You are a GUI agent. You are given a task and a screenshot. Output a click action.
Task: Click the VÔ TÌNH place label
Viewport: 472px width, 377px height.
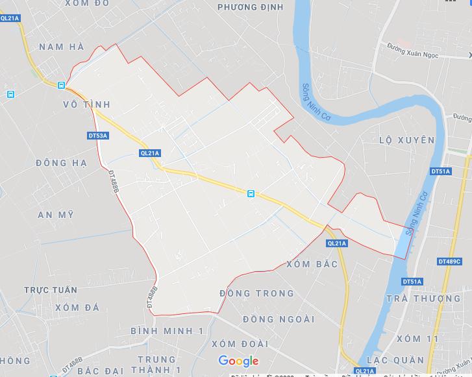[x=86, y=104]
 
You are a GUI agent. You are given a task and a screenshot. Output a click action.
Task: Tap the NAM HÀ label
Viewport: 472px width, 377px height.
[x=61, y=47]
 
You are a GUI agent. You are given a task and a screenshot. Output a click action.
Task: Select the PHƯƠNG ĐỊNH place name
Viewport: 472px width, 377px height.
[x=250, y=7]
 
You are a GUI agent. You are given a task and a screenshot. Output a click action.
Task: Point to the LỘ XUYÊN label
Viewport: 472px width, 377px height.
[x=406, y=140]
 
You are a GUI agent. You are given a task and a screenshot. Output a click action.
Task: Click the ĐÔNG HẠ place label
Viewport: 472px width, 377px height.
[x=61, y=162]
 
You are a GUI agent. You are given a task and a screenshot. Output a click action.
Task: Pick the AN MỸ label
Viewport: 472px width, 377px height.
[x=56, y=215]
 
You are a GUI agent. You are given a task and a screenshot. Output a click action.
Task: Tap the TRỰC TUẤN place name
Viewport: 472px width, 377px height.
[x=51, y=290]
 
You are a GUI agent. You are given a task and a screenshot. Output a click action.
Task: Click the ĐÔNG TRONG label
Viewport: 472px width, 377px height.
[x=256, y=294]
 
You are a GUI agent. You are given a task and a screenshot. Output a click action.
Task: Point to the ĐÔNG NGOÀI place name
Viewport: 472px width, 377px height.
[x=278, y=319]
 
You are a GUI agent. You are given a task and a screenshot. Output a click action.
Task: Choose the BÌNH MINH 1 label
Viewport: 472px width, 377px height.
[x=168, y=331]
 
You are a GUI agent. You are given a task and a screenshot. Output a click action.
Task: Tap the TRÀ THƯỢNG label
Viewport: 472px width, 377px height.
[x=423, y=298]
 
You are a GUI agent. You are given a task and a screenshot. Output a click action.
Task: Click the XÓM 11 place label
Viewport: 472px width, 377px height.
[x=417, y=339]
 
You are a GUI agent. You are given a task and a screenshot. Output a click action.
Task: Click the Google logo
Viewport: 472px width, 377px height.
[x=238, y=361]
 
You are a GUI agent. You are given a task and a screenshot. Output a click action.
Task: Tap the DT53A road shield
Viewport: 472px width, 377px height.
[x=97, y=136]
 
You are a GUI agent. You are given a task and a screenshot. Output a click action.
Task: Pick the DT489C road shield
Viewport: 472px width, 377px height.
[x=449, y=261]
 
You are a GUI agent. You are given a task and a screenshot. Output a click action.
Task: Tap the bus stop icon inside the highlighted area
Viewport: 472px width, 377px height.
[x=251, y=193]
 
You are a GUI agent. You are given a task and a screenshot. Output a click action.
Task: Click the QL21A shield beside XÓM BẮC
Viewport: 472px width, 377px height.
[x=338, y=243]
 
